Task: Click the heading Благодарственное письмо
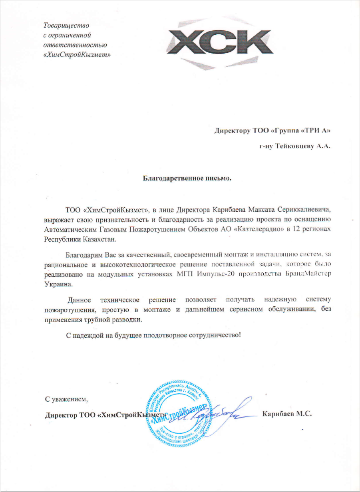click(x=187, y=178)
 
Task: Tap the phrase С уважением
click(x=66, y=399)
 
